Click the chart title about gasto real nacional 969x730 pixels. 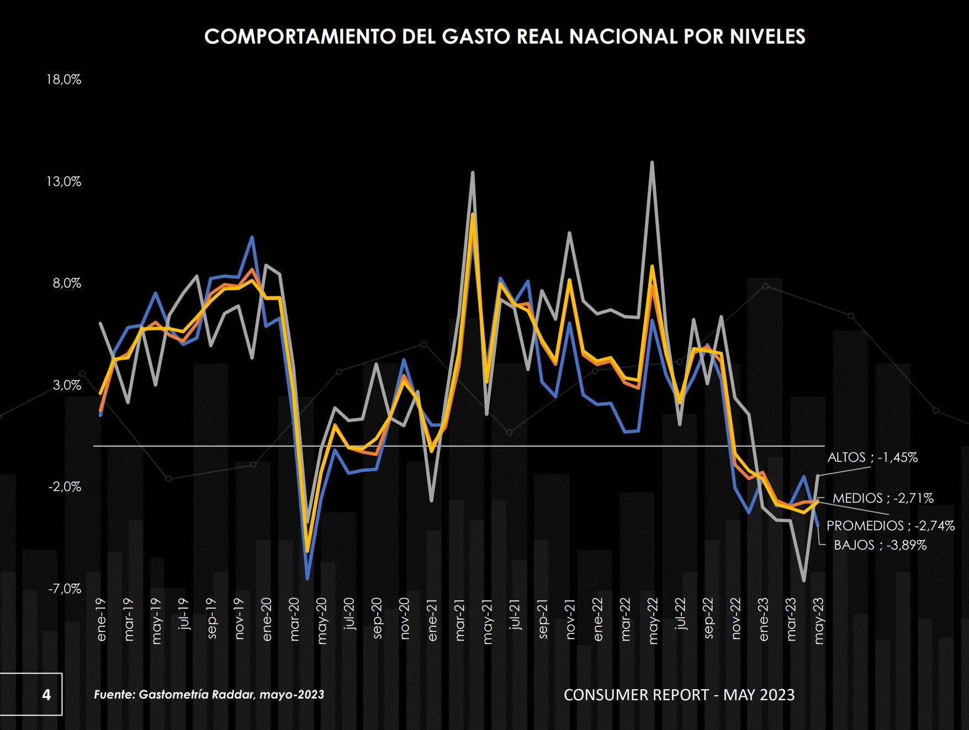[x=505, y=36]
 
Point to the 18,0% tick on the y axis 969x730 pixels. [x=64, y=79]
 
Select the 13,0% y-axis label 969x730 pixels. [x=64, y=182]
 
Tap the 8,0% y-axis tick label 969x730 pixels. [x=67, y=284]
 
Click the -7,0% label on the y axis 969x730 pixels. [x=64, y=589]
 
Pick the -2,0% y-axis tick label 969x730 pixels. [x=64, y=487]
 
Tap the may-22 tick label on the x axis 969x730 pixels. [x=653, y=621]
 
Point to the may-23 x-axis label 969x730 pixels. [x=819, y=621]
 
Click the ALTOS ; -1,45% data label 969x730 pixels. [x=872, y=457]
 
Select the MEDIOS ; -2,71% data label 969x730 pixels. [x=883, y=498]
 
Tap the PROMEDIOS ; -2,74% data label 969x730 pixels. [x=890, y=526]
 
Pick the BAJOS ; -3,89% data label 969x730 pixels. [x=880, y=545]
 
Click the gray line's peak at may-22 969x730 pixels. [x=652, y=162]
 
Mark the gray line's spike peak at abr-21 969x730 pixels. [x=473, y=173]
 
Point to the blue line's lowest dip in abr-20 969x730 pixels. [x=308, y=578]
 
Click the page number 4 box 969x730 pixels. [x=46, y=694]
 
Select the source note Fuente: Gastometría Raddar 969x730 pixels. [x=209, y=694]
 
